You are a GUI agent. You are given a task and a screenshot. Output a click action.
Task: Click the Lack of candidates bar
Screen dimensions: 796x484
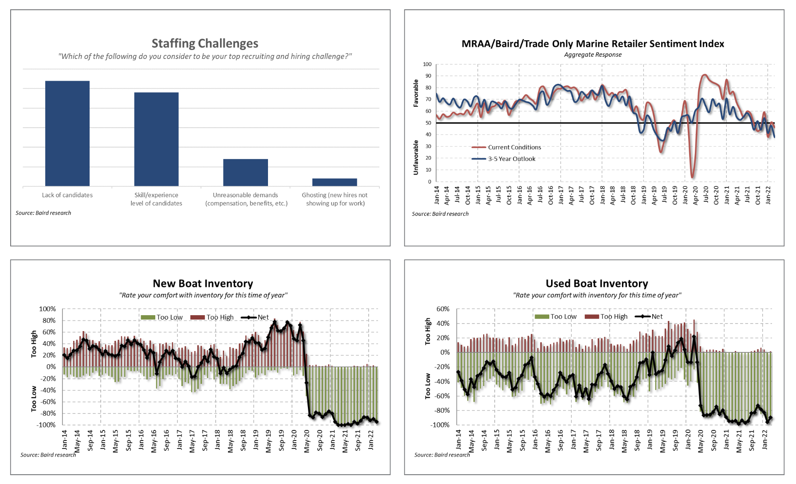(67, 133)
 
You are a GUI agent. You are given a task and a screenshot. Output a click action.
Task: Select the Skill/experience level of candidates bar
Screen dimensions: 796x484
(157, 139)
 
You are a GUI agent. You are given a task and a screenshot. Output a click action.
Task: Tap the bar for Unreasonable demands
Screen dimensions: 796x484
(245, 172)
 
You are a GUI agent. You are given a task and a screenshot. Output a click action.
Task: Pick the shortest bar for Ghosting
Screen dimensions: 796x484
(335, 182)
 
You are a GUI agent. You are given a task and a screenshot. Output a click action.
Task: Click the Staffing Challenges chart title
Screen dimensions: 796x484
(205, 43)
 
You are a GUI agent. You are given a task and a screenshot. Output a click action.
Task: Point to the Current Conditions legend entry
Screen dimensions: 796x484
(506, 147)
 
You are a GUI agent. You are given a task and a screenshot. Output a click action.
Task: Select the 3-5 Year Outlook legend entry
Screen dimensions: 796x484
(503, 159)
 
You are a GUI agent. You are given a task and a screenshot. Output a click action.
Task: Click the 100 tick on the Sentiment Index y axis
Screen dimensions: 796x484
(427, 64)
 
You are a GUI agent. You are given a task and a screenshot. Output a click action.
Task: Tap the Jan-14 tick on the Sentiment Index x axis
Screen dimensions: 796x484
(437, 195)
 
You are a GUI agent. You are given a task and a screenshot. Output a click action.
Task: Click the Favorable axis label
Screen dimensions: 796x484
(416, 93)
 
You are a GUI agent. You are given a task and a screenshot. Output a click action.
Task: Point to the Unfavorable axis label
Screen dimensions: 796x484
(416, 157)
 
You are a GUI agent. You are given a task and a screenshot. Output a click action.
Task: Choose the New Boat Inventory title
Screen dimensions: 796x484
(203, 284)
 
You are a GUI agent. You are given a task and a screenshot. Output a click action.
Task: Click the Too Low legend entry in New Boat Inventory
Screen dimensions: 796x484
(162, 317)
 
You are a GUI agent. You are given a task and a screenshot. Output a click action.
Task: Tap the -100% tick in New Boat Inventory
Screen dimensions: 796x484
(47, 425)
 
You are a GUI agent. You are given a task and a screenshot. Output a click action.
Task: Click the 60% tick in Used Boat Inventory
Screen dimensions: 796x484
(443, 309)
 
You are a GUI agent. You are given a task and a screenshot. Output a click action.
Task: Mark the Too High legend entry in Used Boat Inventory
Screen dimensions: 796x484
(606, 316)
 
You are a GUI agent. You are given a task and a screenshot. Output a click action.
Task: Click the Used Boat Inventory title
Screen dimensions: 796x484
(597, 284)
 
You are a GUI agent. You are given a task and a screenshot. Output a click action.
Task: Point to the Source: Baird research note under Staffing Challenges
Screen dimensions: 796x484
(43, 213)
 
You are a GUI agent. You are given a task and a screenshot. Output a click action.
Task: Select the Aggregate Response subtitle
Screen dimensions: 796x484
(593, 55)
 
